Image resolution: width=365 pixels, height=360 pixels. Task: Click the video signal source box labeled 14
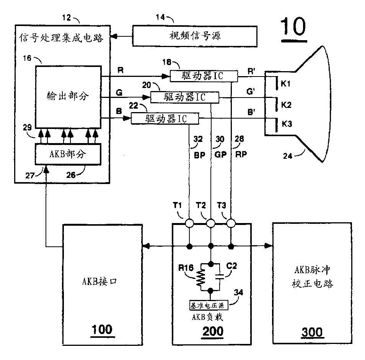pyautogui.click(x=195, y=36)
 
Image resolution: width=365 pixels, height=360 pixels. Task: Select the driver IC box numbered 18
pyautogui.click(x=203, y=77)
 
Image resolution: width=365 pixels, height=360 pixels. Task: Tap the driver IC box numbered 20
pyautogui.click(x=184, y=98)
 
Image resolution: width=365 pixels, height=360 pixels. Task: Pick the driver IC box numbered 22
pyautogui.click(x=165, y=119)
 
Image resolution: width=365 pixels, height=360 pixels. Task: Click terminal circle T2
pyautogui.click(x=210, y=223)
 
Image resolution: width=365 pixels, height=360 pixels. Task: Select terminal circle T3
pyautogui.click(x=231, y=223)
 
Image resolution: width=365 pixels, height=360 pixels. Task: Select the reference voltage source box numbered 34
pyautogui.click(x=209, y=306)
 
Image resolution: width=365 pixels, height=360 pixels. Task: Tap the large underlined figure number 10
pyautogui.click(x=293, y=27)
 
